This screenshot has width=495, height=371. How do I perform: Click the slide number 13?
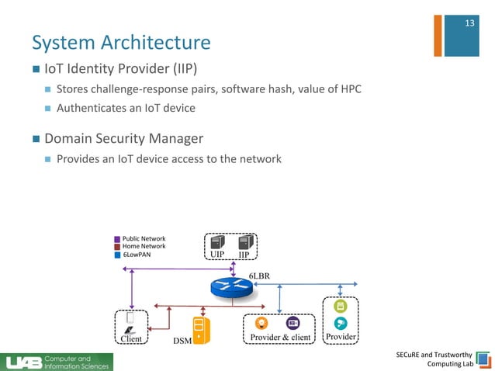pos(469,23)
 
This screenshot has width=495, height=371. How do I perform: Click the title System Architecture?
pos(120,41)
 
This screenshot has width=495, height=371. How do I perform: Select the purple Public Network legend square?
pos(117,239)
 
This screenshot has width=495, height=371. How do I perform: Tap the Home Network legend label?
pos(144,246)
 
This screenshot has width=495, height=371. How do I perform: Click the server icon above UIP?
pos(216,242)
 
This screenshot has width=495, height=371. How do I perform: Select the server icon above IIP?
pos(244,242)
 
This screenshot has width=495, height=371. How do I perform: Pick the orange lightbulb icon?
pos(263,323)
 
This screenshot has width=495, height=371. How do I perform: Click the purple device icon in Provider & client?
pos(292,323)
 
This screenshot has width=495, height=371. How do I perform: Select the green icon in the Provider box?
pos(340,306)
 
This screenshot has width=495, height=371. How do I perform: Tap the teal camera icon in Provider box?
pos(340,324)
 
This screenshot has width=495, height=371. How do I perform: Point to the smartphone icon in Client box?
pos(130,317)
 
